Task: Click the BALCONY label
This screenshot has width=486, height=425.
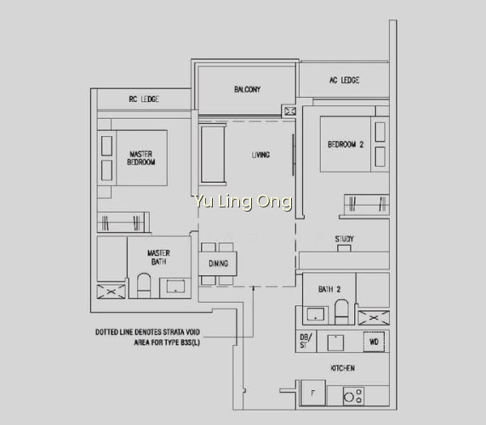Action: click(x=247, y=89)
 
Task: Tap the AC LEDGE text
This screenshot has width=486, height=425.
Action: click(x=344, y=80)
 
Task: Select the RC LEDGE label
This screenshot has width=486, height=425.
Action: click(x=144, y=99)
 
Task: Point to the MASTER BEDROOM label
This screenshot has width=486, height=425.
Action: click(x=141, y=158)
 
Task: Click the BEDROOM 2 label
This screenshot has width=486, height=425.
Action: click(x=346, y=144)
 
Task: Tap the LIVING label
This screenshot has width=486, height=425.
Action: click(x=260, y=155)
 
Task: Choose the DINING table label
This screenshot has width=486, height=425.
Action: click(x=218, y=263)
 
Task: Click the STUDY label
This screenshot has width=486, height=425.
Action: click(x=344, y=239)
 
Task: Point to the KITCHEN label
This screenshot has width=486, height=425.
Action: click(x=342, y=368)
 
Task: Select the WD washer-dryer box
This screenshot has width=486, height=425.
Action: click(x=374, y=342)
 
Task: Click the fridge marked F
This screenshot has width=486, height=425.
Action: click(x=313, y=393)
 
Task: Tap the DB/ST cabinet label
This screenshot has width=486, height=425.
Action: click(x=306, y=341)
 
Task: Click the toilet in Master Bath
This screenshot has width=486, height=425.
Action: click(x=144, y=286)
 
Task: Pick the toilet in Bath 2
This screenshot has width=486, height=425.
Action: click(x=341, y=312)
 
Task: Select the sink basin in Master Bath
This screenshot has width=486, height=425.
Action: click(x=175, y=286)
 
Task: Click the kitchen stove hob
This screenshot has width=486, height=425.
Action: click(x=353, y=395)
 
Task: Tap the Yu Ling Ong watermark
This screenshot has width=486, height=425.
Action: click(x=242, y=201)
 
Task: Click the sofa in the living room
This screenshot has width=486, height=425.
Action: click(x=213, y=154)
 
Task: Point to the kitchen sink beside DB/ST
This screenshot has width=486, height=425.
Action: click(x=335, y=343)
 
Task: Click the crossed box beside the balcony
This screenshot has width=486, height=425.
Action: click(x=290, y=111)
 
